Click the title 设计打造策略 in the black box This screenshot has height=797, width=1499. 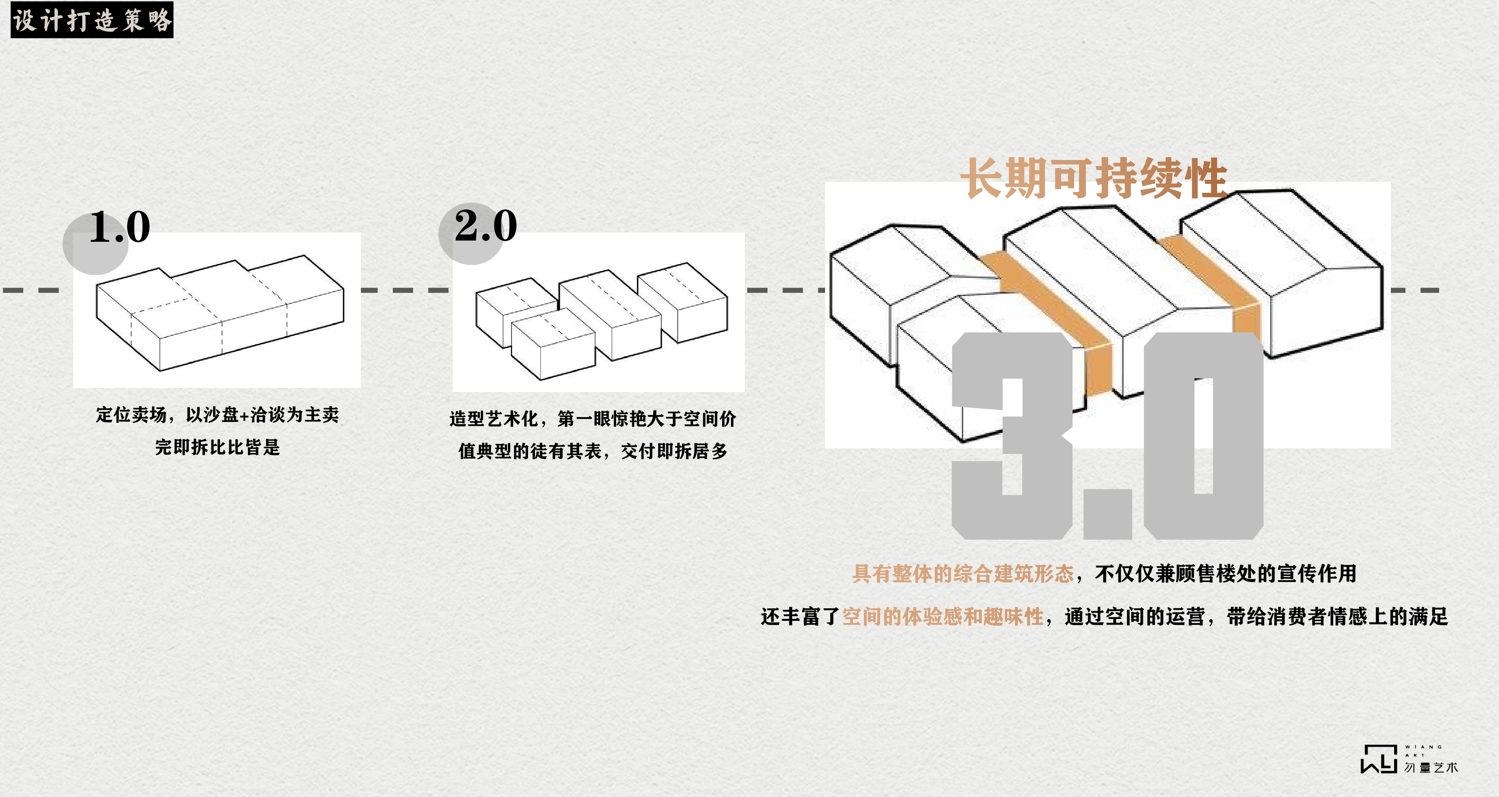[x=92, y=20]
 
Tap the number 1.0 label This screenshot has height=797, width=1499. [x=120, y=227]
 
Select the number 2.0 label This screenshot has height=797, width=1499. [x=486, y=226]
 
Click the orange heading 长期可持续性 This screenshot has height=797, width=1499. [x=1094, y=179]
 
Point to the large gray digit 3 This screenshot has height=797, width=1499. [x=1013, y=436]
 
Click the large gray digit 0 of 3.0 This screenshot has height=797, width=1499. [x=1203, y=436]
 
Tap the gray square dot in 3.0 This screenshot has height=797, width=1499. [x=1107, y=514]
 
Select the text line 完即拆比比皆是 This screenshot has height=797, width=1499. [x=217, y=448]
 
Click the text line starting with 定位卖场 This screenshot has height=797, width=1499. [x=217, y=415]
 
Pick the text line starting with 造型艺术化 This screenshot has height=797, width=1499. [x=593, y=418]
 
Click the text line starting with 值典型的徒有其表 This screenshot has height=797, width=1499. [x=593, y=451]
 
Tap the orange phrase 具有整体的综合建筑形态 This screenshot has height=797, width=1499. [x=963, y=573]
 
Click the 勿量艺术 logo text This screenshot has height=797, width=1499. [x=1431, y=767]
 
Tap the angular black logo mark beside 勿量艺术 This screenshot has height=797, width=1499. [x=1379, y=759]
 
